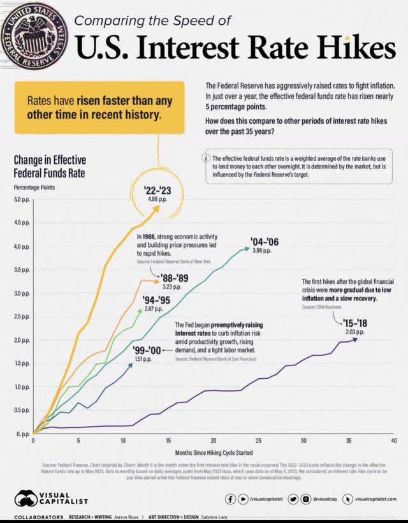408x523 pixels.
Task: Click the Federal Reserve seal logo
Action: (33, 34)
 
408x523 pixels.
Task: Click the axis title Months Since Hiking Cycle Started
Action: (214, 452)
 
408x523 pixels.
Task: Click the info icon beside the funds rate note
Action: (205, 158)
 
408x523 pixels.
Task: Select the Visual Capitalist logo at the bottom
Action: (52, 498)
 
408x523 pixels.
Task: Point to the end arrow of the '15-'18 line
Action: (355, 339)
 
